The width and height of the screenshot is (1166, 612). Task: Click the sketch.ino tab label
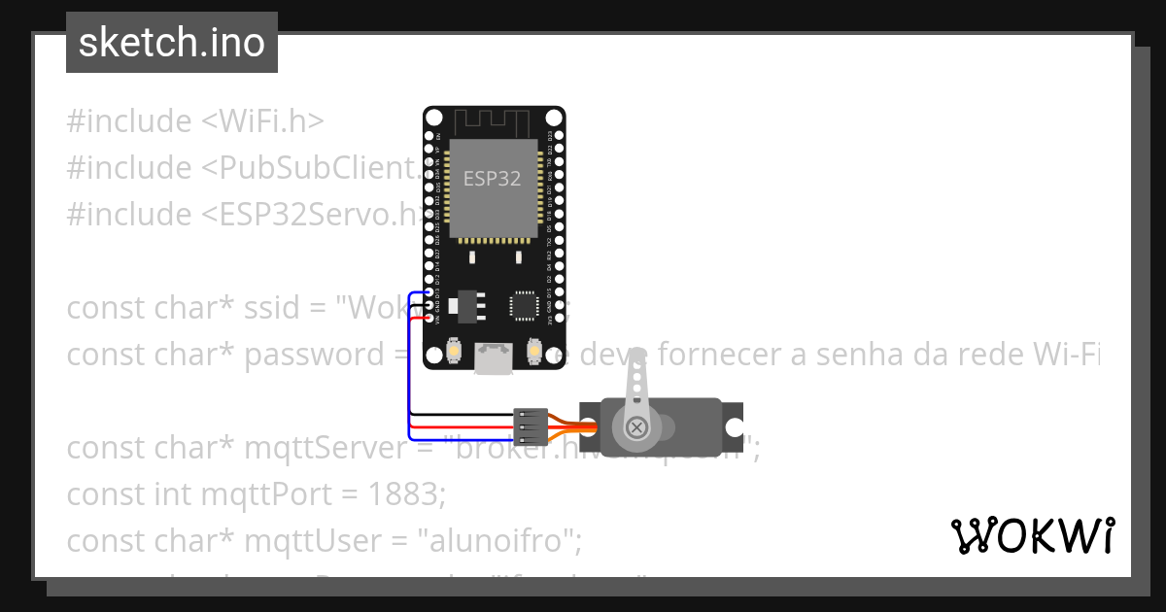pyautogui.click(x=172, y=43)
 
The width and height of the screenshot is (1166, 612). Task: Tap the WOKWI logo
pyautogui.click(x=1033, y=535)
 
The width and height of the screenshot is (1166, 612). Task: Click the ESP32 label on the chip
pyautogui.click(x=492, y=179)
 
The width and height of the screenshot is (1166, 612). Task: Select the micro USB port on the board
pyautogui.click(x=494, y=358)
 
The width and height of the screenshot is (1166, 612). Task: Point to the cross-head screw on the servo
pyautogui.click(x=636, y=426)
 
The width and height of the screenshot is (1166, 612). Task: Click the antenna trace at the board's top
pyautogui.click(x=494, y=121)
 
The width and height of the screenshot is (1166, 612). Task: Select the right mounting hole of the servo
pyautogui.click(x=734, y=427)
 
